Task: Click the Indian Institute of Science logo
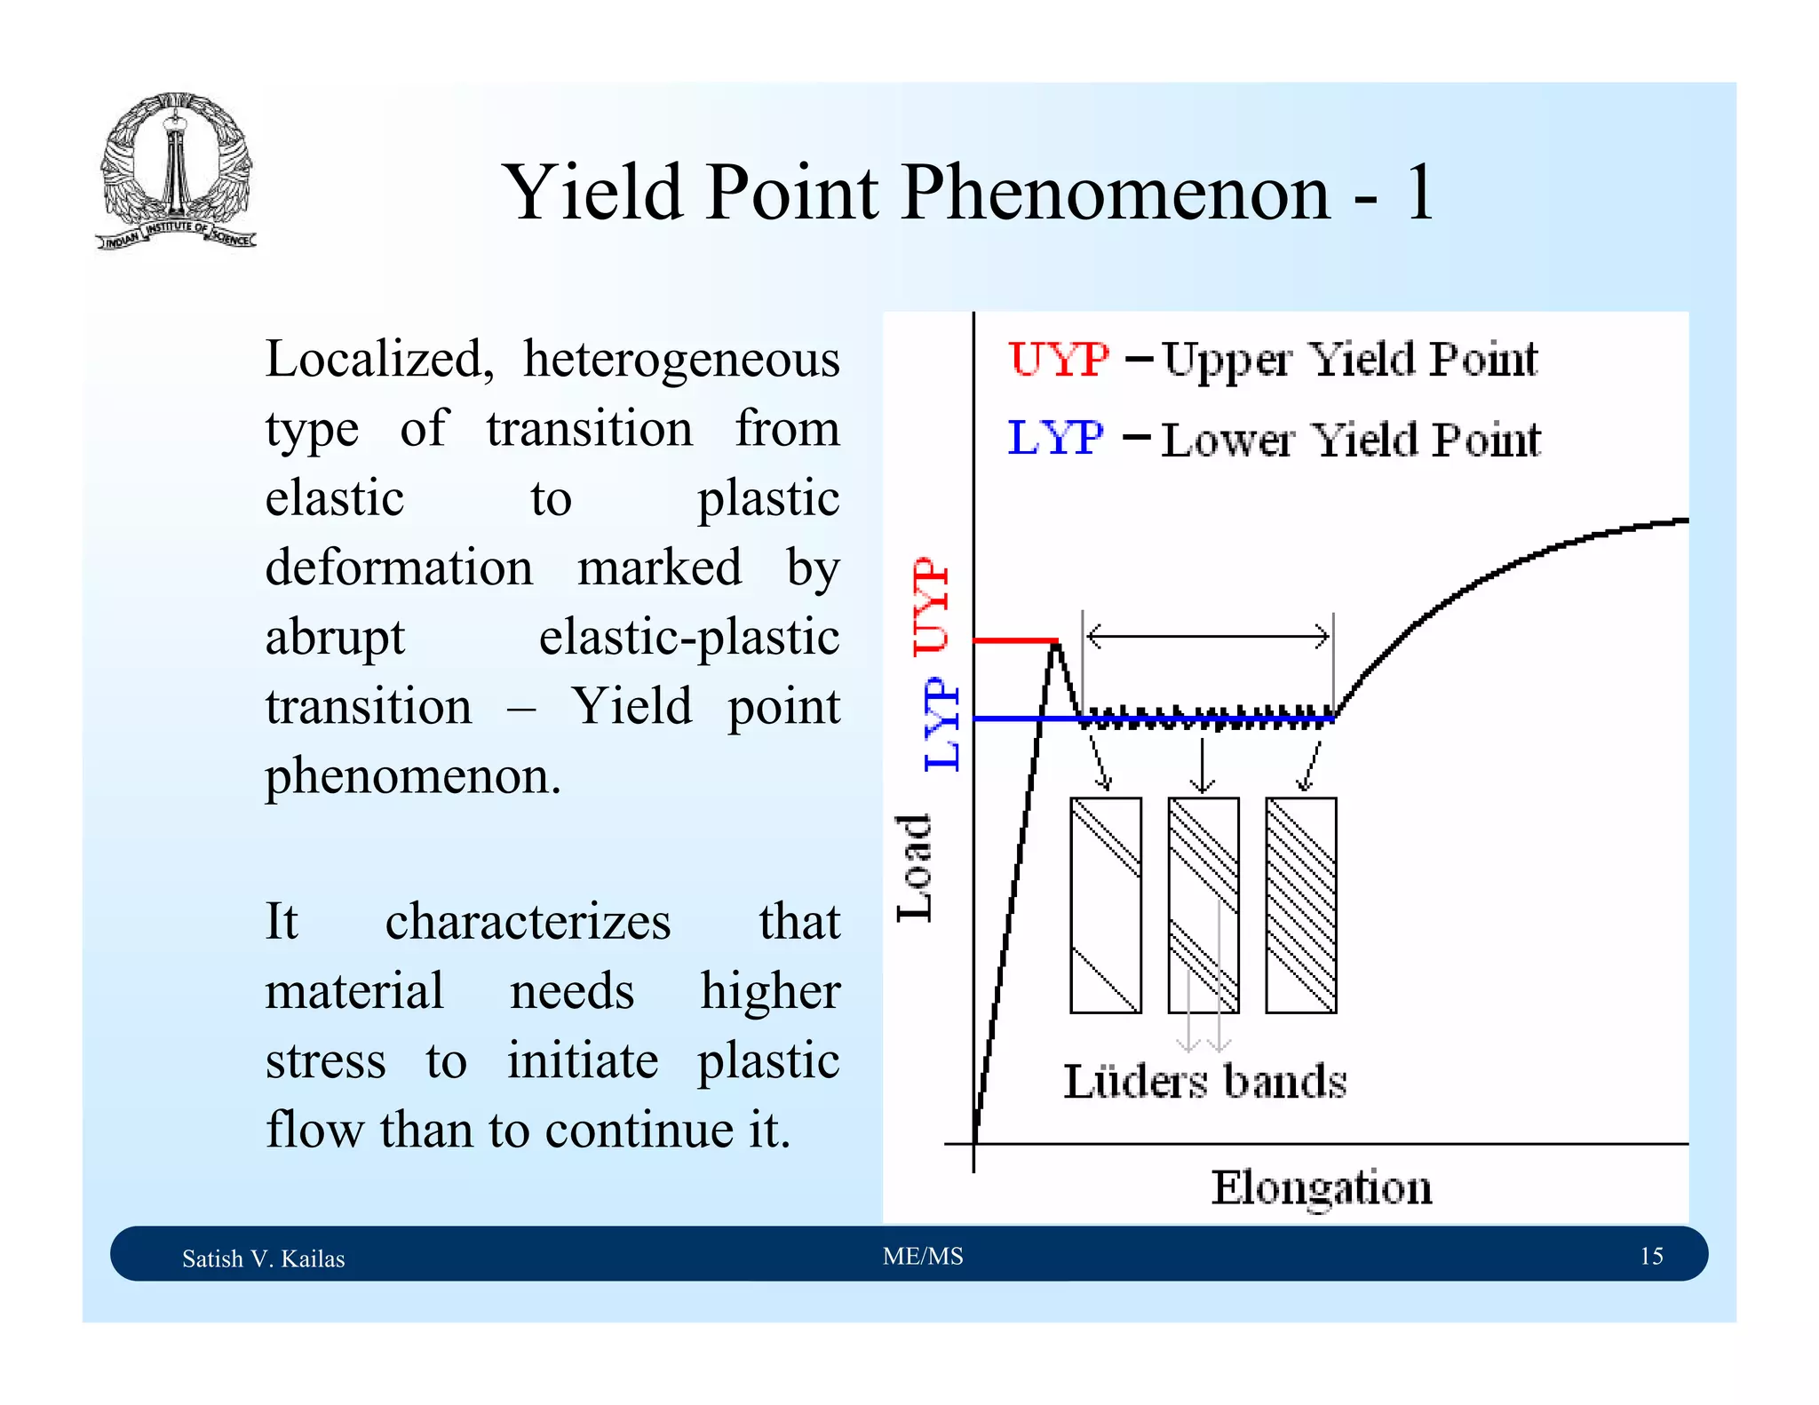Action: coord(176,171)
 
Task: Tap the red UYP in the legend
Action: coord(1059,360)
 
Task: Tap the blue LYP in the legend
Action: coord(1055,438)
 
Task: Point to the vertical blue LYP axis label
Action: coord(941,724)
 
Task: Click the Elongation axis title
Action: coord(1322,1188)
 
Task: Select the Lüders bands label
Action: coord(1205,1082)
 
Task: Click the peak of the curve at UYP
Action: coord(1055,646)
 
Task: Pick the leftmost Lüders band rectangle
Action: coord(1106,905)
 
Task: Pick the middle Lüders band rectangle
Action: coord(1203,905)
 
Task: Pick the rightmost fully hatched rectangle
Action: coord(1301,905)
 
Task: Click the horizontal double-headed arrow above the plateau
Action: coord(1208,636)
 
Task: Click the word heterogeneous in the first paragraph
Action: coord(681,360)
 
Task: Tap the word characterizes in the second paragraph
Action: coord(528,921)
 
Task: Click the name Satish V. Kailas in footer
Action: coord(263,1258)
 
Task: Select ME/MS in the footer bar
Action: coord(923,1256)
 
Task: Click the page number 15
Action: coord(1651,1256)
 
